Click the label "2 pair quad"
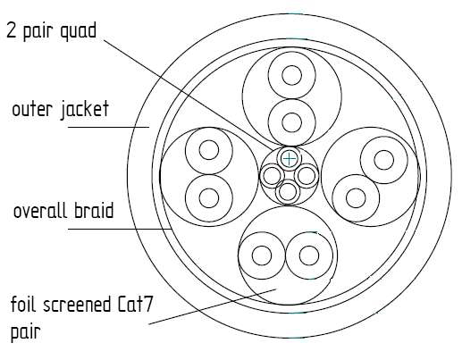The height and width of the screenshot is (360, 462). click(x=52, y=30)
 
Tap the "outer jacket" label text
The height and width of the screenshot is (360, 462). click(x=61, y=110)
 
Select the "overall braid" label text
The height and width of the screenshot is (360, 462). click(x=63, y=211)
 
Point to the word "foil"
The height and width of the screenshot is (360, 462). click(x=25, y=304)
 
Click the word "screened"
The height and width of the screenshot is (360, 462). click(x=75, y=305)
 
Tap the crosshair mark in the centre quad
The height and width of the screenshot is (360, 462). click(x=289, y=158)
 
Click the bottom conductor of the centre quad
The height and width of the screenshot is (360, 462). click(x=288, y=192)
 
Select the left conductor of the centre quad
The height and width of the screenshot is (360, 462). click(x=272, y=176)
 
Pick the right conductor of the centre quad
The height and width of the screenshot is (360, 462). click(x=307, y=176)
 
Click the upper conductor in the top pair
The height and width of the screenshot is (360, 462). click(x=292, y=75)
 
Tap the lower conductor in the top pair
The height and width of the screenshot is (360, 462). click(x=292, y=122)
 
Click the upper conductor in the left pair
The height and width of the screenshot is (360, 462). click(x=209, y=150)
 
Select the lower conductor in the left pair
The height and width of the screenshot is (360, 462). click(x=209, y=198)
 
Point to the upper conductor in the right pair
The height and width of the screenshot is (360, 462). click(x=384, y=160)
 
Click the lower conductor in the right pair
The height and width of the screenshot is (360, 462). click(x=356, y=198)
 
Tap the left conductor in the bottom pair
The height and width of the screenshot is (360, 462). click(x=262, y=255)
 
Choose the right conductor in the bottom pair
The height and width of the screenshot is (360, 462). click(x=309, y=255)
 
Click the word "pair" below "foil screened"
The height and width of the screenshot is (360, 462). click(x=26, y=331)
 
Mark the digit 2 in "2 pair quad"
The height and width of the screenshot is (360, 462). click(x=11, y=30)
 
